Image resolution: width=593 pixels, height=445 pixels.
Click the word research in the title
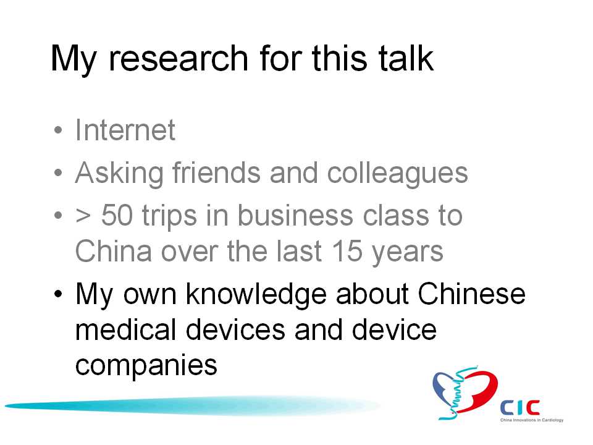click(x=178, y=58)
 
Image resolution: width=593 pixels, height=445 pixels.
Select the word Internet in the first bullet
click(x=125, y=130)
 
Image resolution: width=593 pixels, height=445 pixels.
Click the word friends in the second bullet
click(x=217, y=173)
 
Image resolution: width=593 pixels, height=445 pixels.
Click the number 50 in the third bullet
click(x=117, y=215)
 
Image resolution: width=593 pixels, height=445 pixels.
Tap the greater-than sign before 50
click(x=83, y=216)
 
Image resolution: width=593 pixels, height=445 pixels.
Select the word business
click(x=296, y=214)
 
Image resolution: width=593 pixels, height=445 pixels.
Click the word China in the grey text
click(x=114, y=250)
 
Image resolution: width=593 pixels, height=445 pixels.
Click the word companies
click(x=146, y=366)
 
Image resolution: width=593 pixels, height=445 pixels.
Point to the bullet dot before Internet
click(x=58, y=130)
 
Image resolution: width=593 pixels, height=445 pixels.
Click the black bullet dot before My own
click(x=58, y=294)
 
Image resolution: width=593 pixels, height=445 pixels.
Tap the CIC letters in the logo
click(x=519, y=407)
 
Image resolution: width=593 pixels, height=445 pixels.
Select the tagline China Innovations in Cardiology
click(x=532, y=420)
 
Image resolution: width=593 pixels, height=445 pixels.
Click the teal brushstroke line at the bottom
click(x=192, y=405)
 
